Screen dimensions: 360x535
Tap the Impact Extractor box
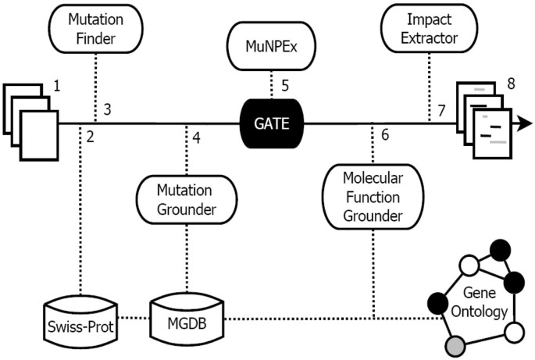point(429,27)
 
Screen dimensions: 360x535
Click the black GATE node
point(271,122)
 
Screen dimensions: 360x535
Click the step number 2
point(91,138)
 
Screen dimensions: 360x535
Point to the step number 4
point(197,139)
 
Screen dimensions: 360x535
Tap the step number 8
point(511,82)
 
